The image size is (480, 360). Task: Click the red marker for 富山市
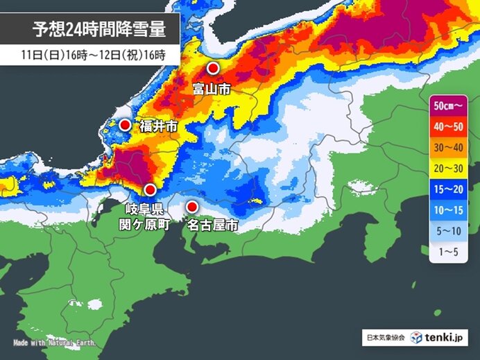pos(214,69)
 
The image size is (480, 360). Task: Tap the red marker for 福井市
pos(125,125)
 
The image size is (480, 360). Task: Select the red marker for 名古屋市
pos(192,206)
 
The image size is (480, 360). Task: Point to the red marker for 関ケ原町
pos(150,189)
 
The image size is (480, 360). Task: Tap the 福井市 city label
pos(158,126)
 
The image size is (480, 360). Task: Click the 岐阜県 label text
pos(143,209)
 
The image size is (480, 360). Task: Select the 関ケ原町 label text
pos(143,225)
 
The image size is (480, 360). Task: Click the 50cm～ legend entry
pos(449,106)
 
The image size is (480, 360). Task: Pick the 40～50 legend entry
pos(449,126)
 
